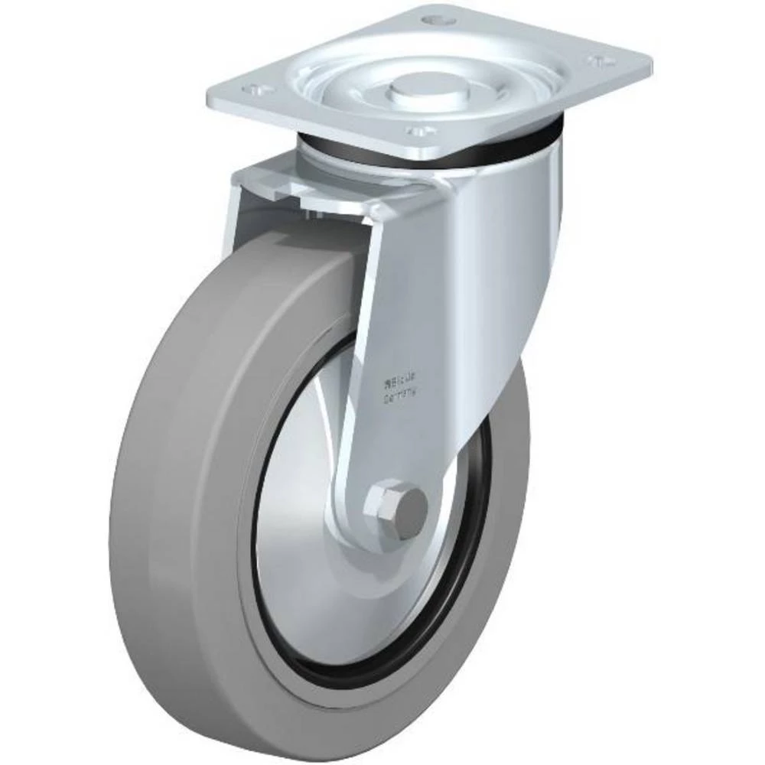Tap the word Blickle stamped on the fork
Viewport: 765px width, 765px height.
click(x=403, y=377)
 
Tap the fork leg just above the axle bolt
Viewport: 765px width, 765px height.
click(x=390, y=444)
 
